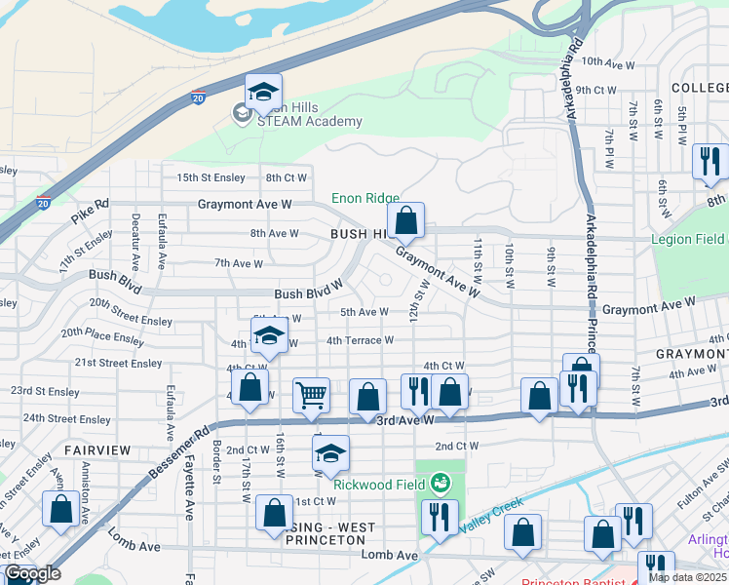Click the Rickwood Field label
pyautogui.click(x=377, y=485)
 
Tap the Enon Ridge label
pyautogui.click(x=365, y=198)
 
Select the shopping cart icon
pyautogui.click(x=311, y=396)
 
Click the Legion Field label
pyautogui.click(x=696, y=239)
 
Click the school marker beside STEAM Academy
pyautogui.click(x=263, y=94)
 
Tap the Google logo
pyautogui.click(x=31, y=574)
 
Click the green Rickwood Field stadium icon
pyautogui.click(x=441, y=482)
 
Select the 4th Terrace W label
pyautogui.click(x=360, y=340)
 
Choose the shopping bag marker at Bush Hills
pyautogui.click(x=406, y=221)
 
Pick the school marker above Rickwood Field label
pyautogui.click(x=330, y=454)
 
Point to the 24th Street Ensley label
pyautogui.click(x=67, y=418)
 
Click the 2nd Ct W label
pyautogui.click(x=457, y=446)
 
